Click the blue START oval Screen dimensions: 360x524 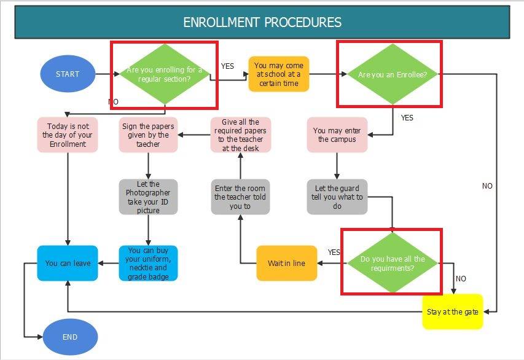[x=68, y=74]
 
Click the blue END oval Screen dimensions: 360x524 [x=70, y=337]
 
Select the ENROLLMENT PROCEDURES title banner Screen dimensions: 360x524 [x=262, y=23]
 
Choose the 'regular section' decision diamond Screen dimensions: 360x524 [x=163, y=74]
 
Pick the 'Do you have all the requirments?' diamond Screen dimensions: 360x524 [x=393, y=264]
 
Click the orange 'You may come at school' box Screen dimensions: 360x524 [x=278, y=74]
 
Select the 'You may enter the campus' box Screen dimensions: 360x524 [x=337, y=135]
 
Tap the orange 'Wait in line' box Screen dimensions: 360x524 [x=286, y=264]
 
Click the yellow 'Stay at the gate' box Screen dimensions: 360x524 [x=453, y=311]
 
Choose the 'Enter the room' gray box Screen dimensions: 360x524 [x=240, y=197]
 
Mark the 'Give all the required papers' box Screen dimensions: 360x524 [x=240, y=135]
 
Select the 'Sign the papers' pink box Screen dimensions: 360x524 [x=148, y=135]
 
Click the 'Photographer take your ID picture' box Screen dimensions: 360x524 [x=148, y=197]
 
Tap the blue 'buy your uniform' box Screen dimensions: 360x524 [x=148, y=264]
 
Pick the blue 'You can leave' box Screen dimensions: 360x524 [x=68, y=264]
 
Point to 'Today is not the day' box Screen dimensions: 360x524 [x=68, y=135]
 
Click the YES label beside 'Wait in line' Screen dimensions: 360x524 [x=334, y=252]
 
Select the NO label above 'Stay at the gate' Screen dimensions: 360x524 [x=461, y=279]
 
